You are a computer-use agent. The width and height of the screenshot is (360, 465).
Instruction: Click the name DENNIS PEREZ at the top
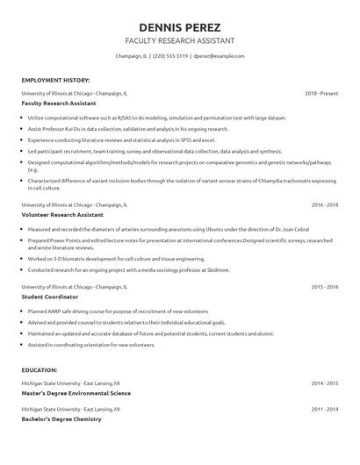(179, 26)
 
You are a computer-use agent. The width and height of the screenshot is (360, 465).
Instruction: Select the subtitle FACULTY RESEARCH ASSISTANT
(179, 40)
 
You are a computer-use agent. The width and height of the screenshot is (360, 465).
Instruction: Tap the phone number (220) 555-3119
(169, 56)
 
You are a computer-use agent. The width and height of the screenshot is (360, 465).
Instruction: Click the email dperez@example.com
(219, 56)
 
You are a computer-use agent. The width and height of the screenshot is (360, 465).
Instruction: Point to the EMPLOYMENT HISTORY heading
(54, 80)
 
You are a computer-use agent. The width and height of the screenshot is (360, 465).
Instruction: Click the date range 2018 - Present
(321, 92)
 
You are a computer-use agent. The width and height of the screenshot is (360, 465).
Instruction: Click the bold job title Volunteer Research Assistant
(63, 215)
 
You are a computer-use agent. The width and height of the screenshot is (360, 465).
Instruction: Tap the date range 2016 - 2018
(324, 204)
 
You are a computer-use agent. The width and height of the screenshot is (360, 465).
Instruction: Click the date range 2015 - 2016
(324, 286)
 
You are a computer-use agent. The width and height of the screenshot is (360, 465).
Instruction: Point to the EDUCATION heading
(40, 370)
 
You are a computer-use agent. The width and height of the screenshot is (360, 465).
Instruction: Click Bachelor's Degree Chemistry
(61, 419)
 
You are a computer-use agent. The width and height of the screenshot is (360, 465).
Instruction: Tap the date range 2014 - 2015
(324, 383)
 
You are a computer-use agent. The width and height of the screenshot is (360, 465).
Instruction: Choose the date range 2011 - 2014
(324, 409)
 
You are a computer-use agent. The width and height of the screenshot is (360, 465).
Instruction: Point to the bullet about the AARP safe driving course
(118, 312)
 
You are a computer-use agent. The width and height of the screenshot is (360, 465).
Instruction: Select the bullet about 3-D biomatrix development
(110, 260)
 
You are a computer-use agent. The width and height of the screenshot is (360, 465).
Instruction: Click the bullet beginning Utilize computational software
(145, 118)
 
